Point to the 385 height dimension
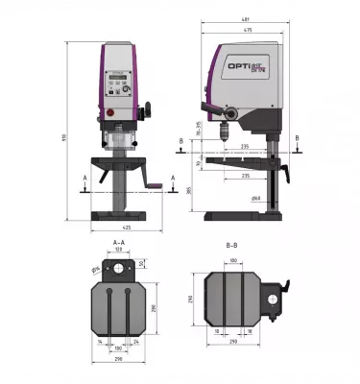(x=189, y=190)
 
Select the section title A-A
(x=119, y=242)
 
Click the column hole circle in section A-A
(x=119, y=269)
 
